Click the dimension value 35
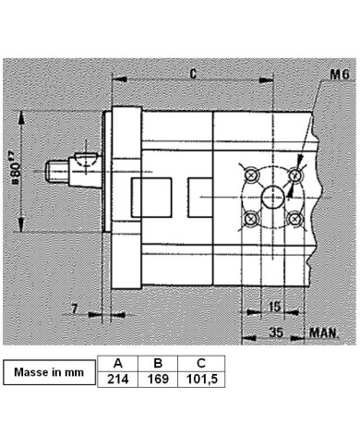[275, 328]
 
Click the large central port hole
[271, 197]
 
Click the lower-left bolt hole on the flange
[248, 219]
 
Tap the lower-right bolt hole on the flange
[294, 219]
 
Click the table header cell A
[117, 363]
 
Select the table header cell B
[157, 363]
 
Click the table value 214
[117, 379]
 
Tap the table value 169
[157, 379]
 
